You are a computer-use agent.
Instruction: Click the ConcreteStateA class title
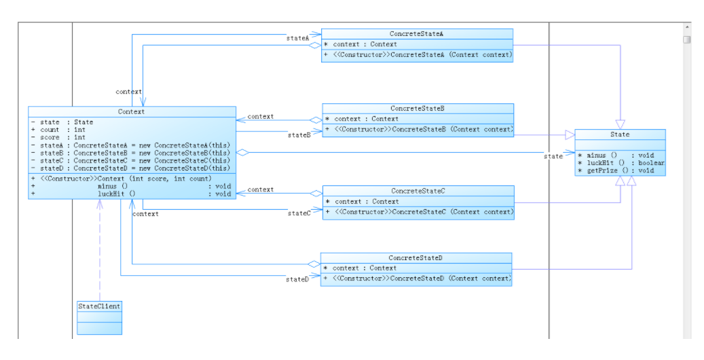tap(417, 34)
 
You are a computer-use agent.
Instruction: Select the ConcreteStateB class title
tap(418, 108)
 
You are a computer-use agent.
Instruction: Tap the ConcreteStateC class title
tap(418, 191)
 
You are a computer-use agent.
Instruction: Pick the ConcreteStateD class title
tap(415, 258)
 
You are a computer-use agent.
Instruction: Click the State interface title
tap(620, 134)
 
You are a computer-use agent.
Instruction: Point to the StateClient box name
tap(99, 306)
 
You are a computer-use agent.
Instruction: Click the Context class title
tap(131, 111)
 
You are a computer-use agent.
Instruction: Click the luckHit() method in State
tap(621, 163)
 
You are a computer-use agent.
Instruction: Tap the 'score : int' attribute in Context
tap(58, 137)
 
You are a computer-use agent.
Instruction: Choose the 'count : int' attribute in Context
tap(58, 130)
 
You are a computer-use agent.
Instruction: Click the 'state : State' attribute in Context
tap(62, 122)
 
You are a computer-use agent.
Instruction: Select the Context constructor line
tap(122, 179)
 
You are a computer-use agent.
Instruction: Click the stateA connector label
tap(297, 38)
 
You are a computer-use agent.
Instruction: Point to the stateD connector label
tap(297, 279)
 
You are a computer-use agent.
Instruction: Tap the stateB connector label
tap(299, 135)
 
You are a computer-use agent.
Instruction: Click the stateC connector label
tap(299, 213)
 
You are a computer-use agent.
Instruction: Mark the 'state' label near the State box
tap(553, 156)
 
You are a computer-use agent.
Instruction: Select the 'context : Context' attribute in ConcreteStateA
tap(360, 44)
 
